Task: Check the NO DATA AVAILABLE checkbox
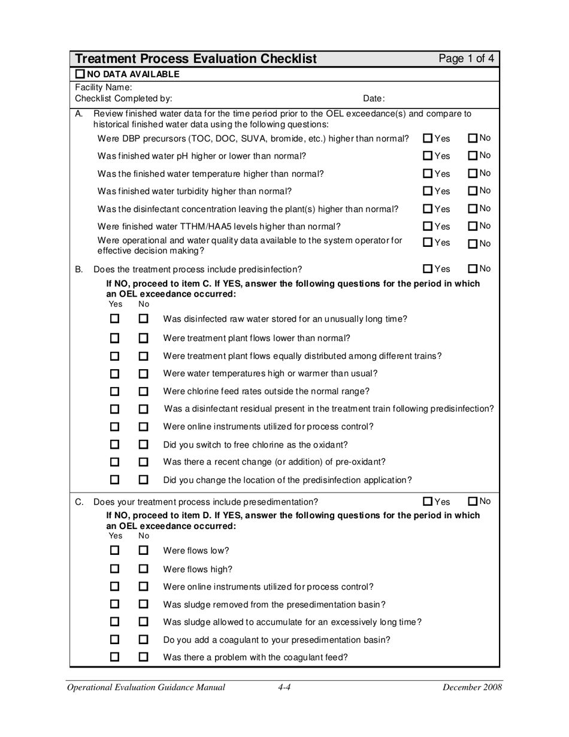point(80,74)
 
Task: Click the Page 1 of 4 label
point(466,59)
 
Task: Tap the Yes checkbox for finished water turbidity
point(428,191)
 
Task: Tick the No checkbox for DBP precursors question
point(473,138)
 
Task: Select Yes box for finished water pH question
point(428,156)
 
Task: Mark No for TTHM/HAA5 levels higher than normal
point(473,226)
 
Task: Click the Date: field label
point(374,98)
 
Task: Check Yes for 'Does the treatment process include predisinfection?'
point(428,268)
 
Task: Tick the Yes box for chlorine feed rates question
point(116,391)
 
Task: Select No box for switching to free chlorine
point(143,445)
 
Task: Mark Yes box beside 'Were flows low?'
point(116,550)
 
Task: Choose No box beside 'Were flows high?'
point(143,569)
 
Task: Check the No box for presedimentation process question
point(473,501)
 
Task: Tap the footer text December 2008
point(471,688)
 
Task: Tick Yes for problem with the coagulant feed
point(116,657)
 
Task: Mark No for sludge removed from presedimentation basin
point(143,604)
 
